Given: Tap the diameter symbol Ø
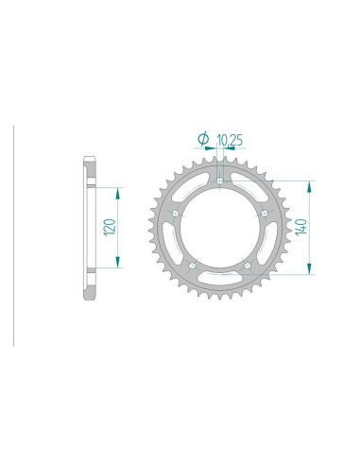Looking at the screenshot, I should pyautogui.click(x=203, y=141).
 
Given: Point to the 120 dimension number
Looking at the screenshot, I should pyautogui.click(x=110, y=228).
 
